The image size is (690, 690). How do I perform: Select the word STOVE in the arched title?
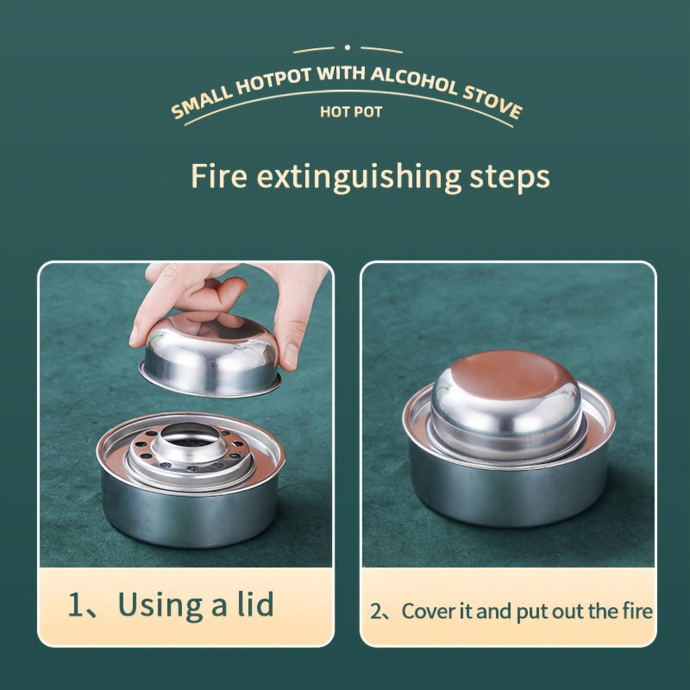click(x=492, y=103)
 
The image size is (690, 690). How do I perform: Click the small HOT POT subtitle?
click(x=351, y=112)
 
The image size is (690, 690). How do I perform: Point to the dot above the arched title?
click(x=348, y=47)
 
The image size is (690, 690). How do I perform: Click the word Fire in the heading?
click(x=219, y=176)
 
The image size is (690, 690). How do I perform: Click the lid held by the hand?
click(x=210, y=356)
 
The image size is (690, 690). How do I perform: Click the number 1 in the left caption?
click(x=76, y=605)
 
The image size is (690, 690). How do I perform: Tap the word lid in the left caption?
click(x=255, y=604)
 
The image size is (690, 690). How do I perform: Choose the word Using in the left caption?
click(x=160, y=606)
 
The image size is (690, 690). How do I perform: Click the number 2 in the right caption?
click(x=376, y=612)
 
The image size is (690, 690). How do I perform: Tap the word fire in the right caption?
click(x=637, y=611)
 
